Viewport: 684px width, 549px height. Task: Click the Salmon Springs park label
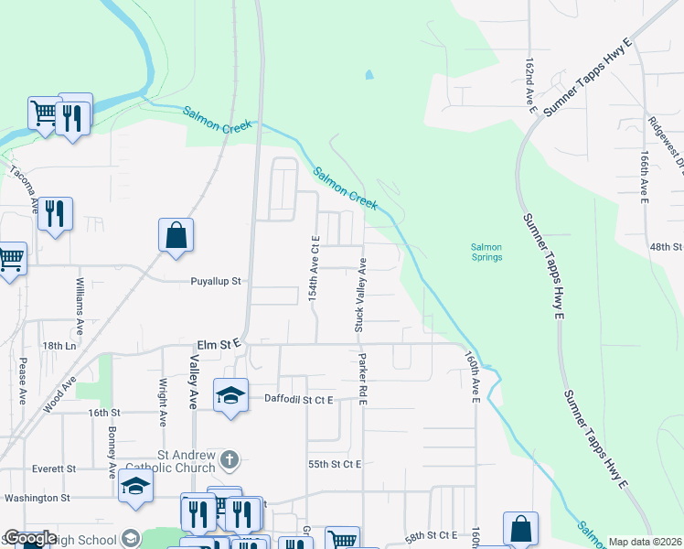[x=486, y=252]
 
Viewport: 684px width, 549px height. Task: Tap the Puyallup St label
[x=215, y=282]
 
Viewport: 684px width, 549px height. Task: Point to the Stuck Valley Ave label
[x=359, y=295]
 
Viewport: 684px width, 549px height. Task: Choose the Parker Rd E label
[x=363, y=374]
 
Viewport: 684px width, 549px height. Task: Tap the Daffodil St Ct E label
[x=299, y=399]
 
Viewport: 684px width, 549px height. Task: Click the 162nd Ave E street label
[x=530, y=88]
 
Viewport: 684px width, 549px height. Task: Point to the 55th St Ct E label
[x=334, y=465]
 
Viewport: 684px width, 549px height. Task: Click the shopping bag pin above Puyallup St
[x=176, y=235]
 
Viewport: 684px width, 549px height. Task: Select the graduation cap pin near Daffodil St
[x=230, y=396]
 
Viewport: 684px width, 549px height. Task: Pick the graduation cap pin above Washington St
[x=135, y=487]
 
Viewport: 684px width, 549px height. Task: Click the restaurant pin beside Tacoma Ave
[x=56, y=215]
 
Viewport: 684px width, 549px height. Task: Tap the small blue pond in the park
[x=369, y=75]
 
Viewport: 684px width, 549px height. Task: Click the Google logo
[x=30, y=538]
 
